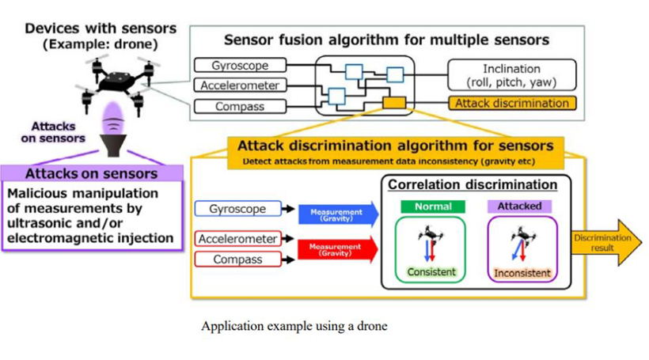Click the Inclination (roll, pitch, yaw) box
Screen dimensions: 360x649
click(x=511, y=76)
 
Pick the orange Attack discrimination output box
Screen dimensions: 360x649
click(x=511, y=103)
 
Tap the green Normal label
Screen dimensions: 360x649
click(x=433, y=206)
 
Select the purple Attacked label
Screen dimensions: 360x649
click(x=520, y=206)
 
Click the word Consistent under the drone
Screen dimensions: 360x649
click(x=431, y=272)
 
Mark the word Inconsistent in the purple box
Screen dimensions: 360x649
click(x=522, y=273)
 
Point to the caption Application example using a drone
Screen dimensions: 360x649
click(x=294, y=326)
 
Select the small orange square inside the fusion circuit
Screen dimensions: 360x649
click(x=393, y=102)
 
